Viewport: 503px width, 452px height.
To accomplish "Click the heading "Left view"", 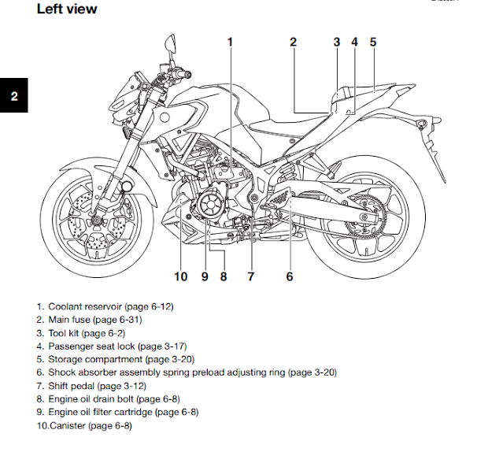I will click(67, 10).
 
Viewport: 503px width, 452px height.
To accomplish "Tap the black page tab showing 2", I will click(13, 98).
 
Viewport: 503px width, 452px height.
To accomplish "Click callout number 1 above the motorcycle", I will click(230, 43).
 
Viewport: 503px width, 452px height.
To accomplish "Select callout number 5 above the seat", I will click(372, 43).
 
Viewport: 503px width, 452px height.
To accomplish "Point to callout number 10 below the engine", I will click(180, 276).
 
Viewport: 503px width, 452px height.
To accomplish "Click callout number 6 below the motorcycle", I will click(290, 276).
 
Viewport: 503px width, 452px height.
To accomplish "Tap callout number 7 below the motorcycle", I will click(251, 276).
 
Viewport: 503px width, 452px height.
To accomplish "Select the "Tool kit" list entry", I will click(65, 332).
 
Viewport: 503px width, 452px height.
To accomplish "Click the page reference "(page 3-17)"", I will click(161, 346).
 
